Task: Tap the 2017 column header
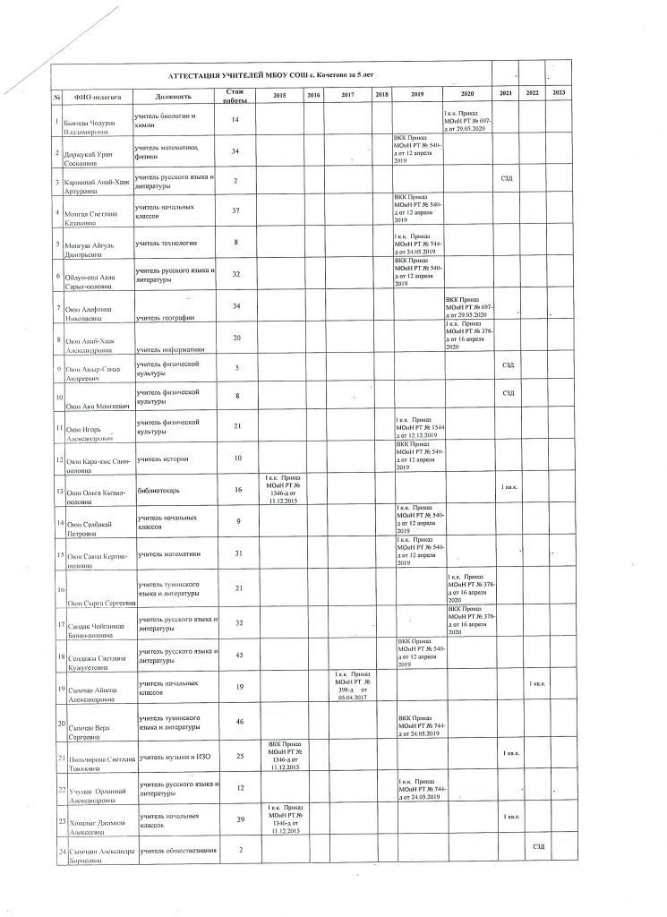348,95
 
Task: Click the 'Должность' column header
173,96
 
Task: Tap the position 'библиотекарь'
158,491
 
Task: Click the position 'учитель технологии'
166,243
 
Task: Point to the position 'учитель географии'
166,318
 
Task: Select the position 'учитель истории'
162,458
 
